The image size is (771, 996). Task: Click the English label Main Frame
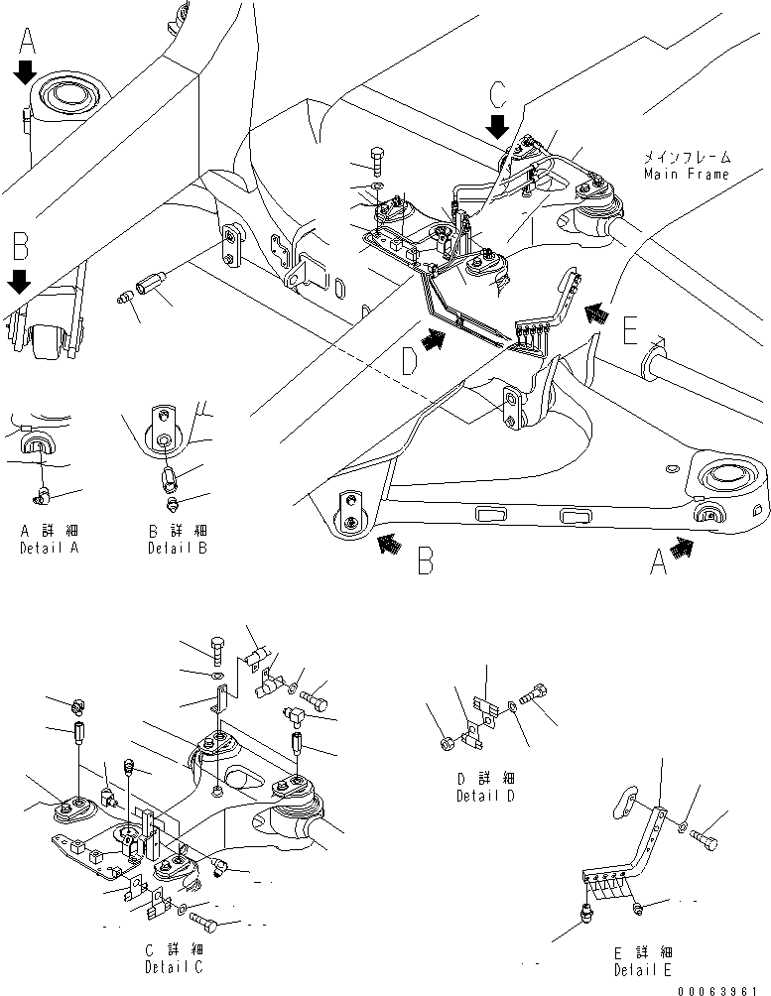pos(686,174)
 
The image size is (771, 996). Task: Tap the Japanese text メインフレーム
pos(686,158)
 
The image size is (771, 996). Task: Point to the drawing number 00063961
pos(723,987)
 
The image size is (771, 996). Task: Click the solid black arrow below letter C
pos(499,126)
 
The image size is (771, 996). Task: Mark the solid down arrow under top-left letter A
pos(26,71)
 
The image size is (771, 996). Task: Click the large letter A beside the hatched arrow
pos(657,562)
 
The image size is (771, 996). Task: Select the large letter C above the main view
pos(499,95)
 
